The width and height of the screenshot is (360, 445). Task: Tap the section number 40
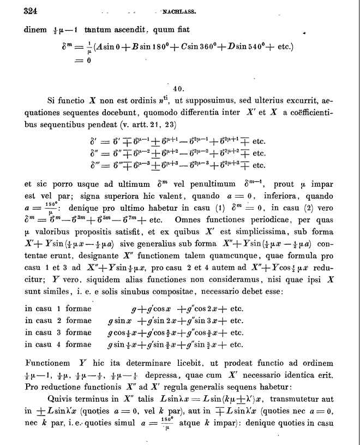click(x=177, y=88)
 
